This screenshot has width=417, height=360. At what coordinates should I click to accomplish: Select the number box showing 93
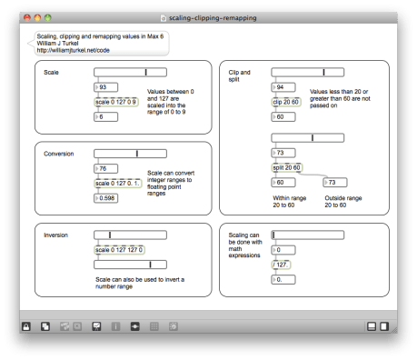tap(107, 87)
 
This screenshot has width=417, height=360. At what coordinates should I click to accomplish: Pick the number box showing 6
tap(106, 117)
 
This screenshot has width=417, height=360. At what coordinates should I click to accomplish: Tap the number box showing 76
tap(107, 168)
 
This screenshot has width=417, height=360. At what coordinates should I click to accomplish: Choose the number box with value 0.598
tap(109, 197)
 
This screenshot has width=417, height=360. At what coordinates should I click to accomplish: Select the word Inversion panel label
tap(56, 235)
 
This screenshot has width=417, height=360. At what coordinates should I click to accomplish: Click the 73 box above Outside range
tap(336, 183)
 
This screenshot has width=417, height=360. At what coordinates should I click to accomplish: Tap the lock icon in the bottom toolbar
tap(27, 325)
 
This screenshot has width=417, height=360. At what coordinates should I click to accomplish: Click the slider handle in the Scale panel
tap(145, 72)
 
